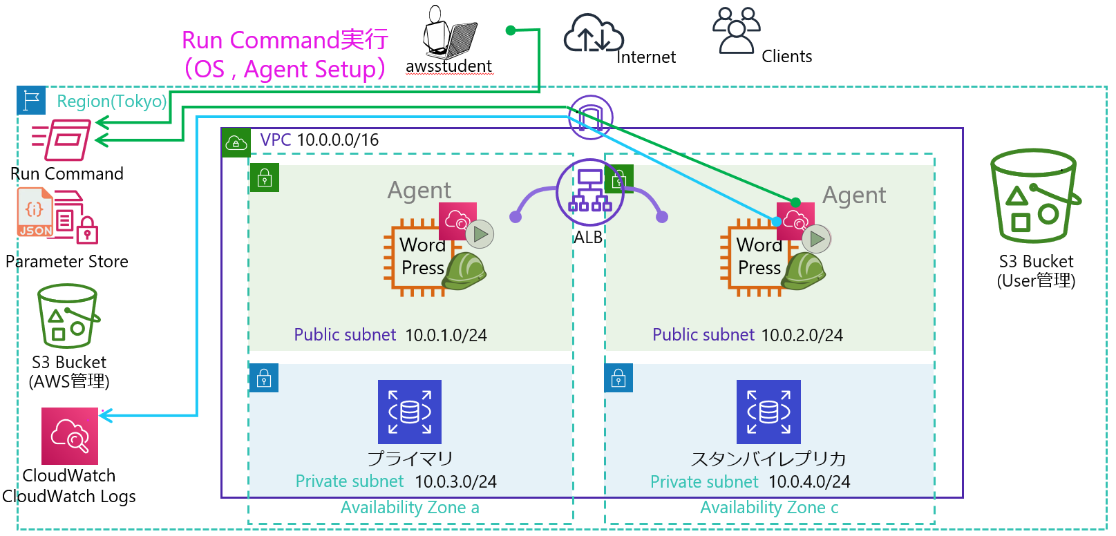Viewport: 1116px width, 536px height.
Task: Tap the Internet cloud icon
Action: point(593,34)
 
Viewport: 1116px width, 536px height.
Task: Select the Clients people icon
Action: point(736,30)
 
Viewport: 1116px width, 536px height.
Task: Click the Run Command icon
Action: point(62,140)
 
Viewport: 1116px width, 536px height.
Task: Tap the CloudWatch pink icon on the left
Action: point(70,436)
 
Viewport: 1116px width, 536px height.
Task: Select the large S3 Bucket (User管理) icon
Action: point(1034,196)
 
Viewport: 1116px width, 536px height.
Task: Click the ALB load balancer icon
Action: point(589,193)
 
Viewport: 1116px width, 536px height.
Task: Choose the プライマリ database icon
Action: point(410,412)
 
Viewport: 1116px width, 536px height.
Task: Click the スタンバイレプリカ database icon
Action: point(768,412)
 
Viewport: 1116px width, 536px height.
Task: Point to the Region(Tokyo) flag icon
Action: point(32,100)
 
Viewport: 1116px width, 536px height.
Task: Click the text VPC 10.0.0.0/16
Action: point(319,140)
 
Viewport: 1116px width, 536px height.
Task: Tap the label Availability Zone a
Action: point(410,508)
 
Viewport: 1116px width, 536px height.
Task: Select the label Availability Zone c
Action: point(769,508)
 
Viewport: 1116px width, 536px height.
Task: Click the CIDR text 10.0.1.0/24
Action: point(446,336)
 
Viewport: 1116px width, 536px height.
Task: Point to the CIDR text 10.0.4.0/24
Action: point(809,481)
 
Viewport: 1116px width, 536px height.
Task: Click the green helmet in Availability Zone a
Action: point(464,270)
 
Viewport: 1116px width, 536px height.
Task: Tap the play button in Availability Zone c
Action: point(817,239)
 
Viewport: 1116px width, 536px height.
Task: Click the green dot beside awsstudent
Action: point(511,30)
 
